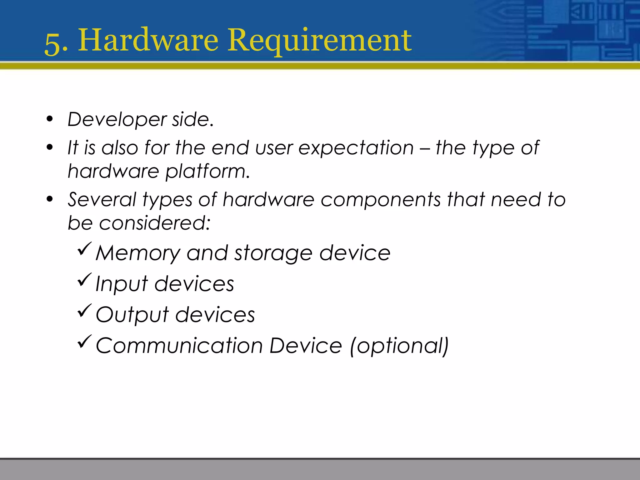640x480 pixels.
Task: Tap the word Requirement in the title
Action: pos(319,41)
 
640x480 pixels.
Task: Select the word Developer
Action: pos(117,120)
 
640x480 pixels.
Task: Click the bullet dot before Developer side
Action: pos(49,119)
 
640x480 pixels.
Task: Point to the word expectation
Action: pos(356,148)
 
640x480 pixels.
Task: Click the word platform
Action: pos(207,172)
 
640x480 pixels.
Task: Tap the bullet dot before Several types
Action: pos(49,199)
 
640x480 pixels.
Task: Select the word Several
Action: pos(102,199)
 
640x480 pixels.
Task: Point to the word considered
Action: pos(155,223)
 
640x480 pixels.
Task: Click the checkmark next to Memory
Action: pos(84,249)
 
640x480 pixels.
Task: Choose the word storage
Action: pos(273,253)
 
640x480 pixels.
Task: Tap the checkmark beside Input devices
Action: pos(84,279)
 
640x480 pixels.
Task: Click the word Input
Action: pos(121,284)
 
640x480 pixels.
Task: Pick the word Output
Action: pos(132,315)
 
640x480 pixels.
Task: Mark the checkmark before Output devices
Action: pos(84,310)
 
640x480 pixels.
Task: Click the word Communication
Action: pos(179,346)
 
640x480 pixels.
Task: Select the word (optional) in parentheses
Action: pos(399,346)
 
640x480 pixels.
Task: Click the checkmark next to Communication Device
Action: pos(84,341)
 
